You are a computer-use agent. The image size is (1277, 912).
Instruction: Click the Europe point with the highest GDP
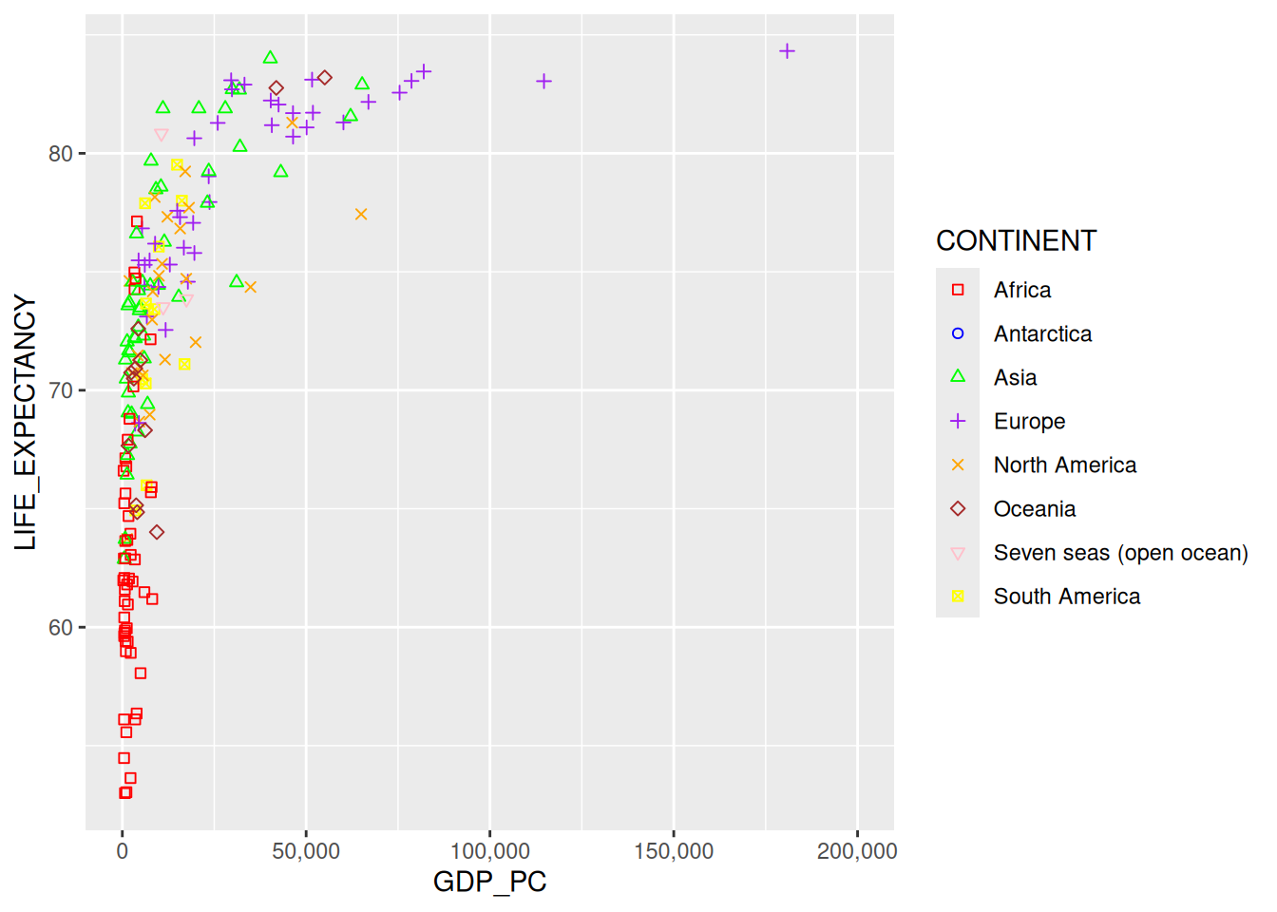[x=787, y=51]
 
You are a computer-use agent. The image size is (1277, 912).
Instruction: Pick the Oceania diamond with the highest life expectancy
[x=325, y=78]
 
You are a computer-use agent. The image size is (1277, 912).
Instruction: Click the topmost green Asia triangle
[x=270, y=58]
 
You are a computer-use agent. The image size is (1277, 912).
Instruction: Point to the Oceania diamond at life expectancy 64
[x=157, y=532]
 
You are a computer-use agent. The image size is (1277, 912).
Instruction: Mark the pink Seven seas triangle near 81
[x=161, y=136]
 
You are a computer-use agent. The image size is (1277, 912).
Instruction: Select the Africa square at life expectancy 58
[x=141, y=674]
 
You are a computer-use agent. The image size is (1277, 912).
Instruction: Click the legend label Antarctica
[x=1042, y=334]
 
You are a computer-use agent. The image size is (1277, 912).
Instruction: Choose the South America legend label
[x=1066, y=597]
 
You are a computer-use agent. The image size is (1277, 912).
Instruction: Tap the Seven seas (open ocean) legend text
[x=1120, y=553]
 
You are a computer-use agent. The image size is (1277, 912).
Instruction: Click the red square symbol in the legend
[x=958, y=290]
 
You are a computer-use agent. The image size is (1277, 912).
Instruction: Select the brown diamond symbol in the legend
[x=958, y=509]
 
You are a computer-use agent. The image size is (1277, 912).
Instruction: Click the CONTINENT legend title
[x=1016, y=241]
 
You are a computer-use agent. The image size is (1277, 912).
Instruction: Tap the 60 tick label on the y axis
[x=61, y=628]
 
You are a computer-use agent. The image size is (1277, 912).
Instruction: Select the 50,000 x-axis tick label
[x=306, y=851]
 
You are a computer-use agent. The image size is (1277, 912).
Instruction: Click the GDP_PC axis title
[x=489, y=883]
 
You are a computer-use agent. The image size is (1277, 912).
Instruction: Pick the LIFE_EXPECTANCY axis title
[x=26, y=423]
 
